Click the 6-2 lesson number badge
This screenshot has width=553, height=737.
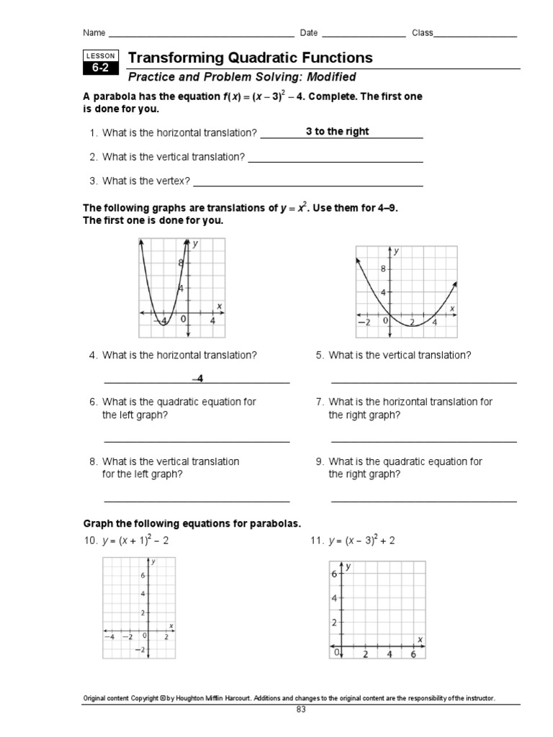tap(99, 69)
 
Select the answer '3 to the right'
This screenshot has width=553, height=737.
tap(337, 132)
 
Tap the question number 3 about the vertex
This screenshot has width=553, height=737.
tap(94, 181)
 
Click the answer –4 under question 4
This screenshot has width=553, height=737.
tap(198, 379)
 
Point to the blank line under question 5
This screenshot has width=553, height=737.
tap(423, 382)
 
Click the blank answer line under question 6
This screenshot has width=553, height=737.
tap(197, 441)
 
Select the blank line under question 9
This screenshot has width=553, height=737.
tap(423, 500)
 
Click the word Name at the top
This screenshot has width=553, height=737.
tap(94, 33)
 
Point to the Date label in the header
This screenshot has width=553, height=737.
tap(308, 33)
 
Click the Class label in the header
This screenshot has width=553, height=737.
tap(422, 33)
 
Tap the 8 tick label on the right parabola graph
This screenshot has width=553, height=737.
tap(383, 268)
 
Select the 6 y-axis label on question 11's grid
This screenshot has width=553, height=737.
tap(335, 574)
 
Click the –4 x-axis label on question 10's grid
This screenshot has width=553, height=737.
tap(109, 637)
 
